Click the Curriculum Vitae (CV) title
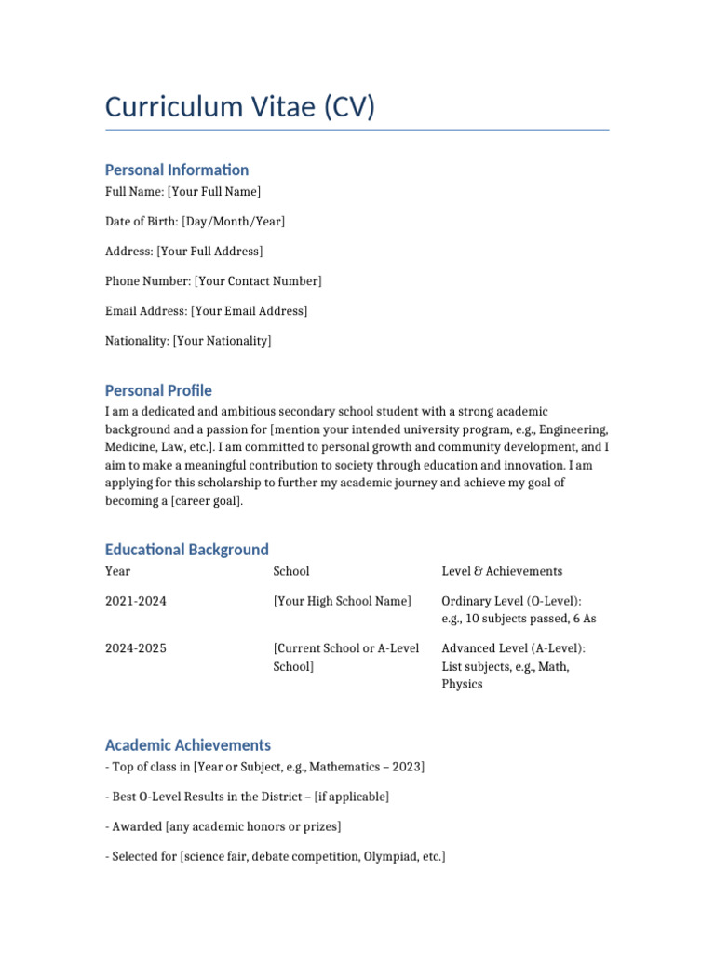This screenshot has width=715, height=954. [240, 107]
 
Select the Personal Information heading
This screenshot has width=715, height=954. [177, 170]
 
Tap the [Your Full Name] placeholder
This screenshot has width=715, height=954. [214, 192]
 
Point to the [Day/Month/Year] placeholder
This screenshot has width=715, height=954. [234, 222]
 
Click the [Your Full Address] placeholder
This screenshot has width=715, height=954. [209, 252]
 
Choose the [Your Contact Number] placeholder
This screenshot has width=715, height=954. [258, 281]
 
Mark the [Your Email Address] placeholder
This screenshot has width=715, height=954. [249, 311]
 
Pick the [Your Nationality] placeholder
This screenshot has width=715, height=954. [222, 341]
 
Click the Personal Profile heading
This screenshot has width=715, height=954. [158, 390]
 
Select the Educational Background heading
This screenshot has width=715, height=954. [187, 550]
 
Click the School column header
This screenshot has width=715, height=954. [291, 571]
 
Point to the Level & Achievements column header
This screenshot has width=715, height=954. [502, 571]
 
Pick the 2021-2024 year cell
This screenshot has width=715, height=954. [136, 602]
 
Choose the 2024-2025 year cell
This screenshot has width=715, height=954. [136, 648]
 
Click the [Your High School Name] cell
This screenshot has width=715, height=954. [342, 602]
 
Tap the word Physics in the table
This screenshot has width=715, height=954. [462, 684]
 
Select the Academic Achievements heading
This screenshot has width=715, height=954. [188, 745]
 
